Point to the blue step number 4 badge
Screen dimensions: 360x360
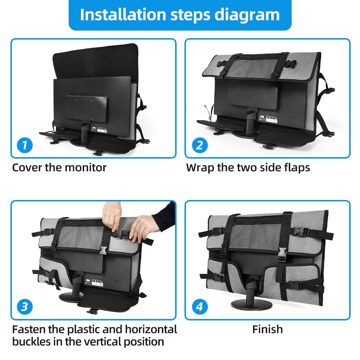point(199,307)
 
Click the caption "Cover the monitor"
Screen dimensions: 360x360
point(59,168)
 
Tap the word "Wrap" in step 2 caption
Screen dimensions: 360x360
point(200,168)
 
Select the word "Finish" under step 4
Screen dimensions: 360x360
point(267,329)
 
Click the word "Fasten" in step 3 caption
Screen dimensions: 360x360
point(30,329)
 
